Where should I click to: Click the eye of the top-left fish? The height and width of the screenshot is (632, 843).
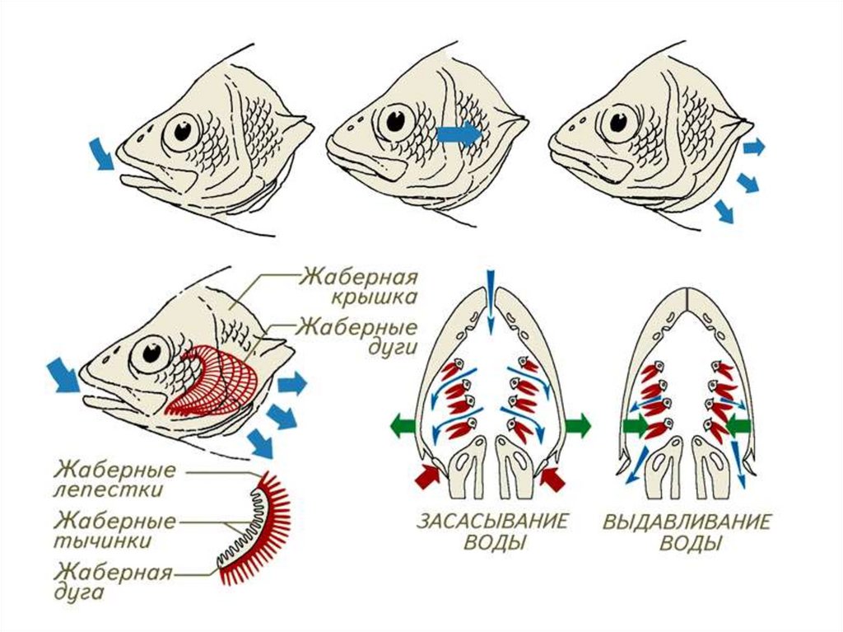(x=182, y=131)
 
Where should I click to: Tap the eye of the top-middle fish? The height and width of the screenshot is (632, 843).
(x=398, y=119)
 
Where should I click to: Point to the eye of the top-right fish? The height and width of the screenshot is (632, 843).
(x=617, y=123)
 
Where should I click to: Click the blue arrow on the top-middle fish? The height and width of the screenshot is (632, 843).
(x=459, y=133)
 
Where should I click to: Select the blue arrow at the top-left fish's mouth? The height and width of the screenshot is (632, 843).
(x=103, y=154)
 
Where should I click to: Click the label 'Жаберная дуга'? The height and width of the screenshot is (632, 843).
(x=114, y=582)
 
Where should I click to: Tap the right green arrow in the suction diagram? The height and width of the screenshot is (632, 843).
(x=577, y=426)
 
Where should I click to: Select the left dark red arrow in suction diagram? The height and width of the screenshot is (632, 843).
(x=427, y=475)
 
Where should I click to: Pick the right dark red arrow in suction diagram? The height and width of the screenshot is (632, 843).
(x=556, y=475)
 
